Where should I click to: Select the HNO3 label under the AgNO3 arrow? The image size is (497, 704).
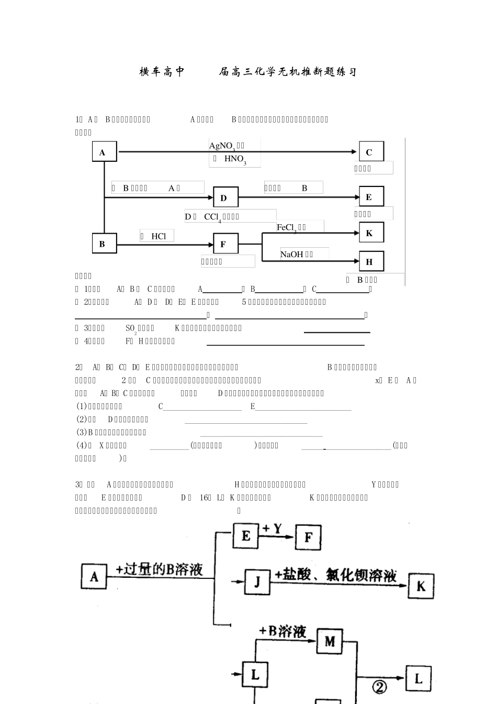235,159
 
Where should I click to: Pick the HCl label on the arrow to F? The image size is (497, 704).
159,236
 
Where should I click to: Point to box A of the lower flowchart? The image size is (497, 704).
94,577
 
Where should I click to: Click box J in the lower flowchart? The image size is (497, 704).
257,581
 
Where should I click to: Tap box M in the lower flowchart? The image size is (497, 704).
330,642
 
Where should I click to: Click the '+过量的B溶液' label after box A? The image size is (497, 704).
160,569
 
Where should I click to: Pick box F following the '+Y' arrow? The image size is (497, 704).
309,537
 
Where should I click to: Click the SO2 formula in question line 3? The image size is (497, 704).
132,328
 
